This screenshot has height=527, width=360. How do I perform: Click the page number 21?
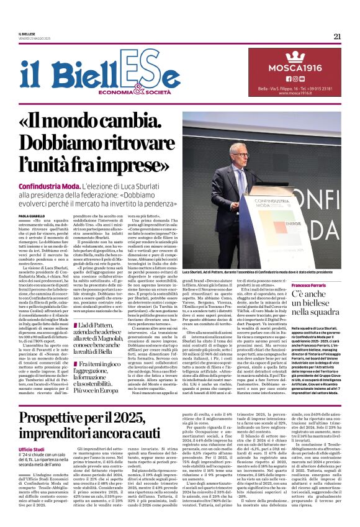(x=337, y=36)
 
